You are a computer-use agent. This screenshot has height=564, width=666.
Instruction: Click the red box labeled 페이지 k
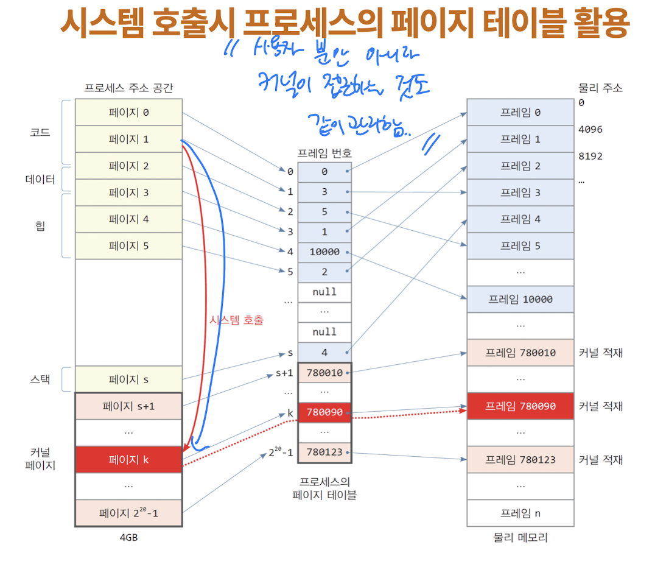click(x=128, y=460)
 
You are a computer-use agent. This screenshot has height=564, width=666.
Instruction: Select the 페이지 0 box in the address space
click(x=128, y=112)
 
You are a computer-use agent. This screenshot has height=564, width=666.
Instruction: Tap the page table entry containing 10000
click(x=324, y=252)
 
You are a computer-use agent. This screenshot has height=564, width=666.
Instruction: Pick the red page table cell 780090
click(x=324, y=412)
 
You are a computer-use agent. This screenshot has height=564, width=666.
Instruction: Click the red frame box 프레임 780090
click(x=520, y=406)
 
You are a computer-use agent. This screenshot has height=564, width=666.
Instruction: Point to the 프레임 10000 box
click(x=520, y=299)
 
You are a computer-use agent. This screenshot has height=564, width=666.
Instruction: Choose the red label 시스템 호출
click(x=236, y=320)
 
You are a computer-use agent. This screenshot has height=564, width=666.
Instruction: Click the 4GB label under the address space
click(x=128, y=538)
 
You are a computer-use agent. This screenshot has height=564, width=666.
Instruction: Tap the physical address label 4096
click(x=590, y=129)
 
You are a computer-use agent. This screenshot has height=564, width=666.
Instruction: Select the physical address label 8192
click(x=590, y=156)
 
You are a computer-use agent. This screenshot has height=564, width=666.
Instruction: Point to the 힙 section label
click(x=40, y=226)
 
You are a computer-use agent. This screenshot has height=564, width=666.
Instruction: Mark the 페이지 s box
click(x=128, y=379)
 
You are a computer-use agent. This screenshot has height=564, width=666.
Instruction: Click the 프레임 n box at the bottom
click(x=520, y=513)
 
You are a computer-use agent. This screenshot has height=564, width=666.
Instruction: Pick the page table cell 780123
click(x=324, y=453)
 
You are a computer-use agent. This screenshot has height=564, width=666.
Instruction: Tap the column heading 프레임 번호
click(x=324, y=153)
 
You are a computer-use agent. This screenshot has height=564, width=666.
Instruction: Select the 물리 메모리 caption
click(x=520, y=538)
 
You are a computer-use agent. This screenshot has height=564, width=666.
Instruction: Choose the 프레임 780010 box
click(x=520, y=353)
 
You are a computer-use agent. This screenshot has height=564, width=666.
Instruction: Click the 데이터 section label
click(x=40, y=180)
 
